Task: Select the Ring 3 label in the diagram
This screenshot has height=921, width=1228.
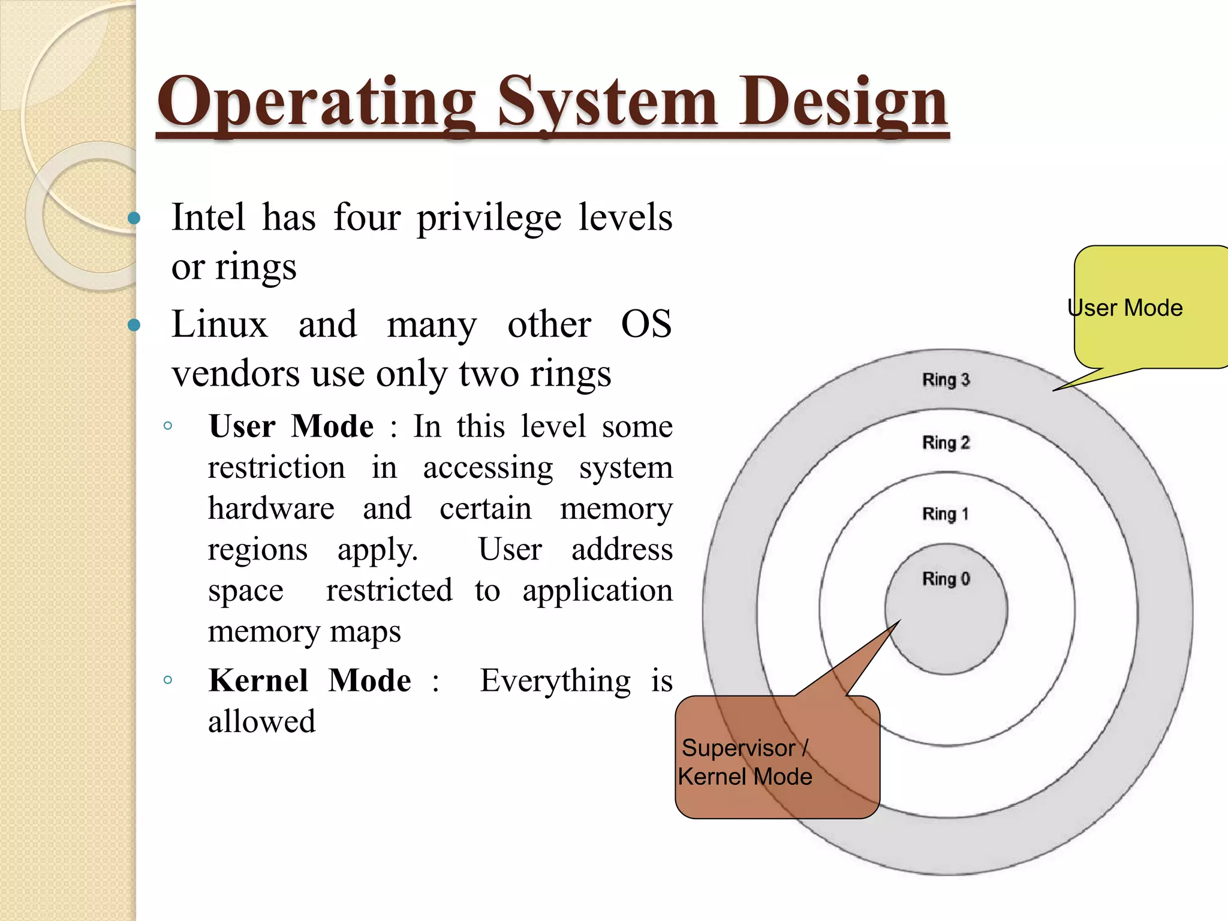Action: click(946, 380)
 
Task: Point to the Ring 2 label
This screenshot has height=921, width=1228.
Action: click(946, 443)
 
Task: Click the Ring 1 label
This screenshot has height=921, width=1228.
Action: click(945, 514)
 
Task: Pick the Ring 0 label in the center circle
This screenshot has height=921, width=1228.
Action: click(946, 579)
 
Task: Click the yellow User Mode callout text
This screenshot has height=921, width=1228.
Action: click(1125, 308)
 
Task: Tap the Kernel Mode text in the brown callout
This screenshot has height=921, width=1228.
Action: click(745, 776)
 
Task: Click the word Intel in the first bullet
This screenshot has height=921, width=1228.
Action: click(208, 217)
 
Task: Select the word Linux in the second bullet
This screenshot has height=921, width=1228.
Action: click(219, 324)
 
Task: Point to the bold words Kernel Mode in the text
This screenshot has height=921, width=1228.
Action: click(309, 681)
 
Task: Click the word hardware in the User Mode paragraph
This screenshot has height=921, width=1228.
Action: click(271, 508)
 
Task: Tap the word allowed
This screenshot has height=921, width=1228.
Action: click(261, 721)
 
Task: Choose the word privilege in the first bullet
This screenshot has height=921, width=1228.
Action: click(489, 217)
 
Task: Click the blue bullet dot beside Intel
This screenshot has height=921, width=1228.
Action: click(134, 218)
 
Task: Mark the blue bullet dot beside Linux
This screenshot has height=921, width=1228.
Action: click(134, 326)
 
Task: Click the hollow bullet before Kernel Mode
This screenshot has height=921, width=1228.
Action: click(168, 680)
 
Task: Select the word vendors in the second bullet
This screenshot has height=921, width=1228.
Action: click(235, 374)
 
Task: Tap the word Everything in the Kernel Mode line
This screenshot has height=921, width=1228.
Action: click(555, 681)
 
